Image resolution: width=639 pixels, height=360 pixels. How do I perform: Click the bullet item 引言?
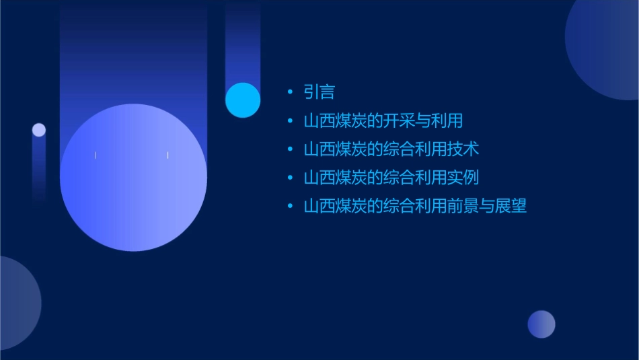pos(319,92)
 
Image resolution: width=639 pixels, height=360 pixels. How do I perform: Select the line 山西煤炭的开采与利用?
pos(383,121)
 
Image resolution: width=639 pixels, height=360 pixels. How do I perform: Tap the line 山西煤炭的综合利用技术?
pos(391,149)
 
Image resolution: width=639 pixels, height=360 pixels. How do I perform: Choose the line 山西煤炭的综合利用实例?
pos(391,178)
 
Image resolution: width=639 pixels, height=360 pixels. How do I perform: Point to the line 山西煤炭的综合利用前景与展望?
pos(414,206)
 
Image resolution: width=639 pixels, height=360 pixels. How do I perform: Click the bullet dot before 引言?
pos(290,92)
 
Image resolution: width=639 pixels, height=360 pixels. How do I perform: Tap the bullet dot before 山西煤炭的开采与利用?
pos(290,121)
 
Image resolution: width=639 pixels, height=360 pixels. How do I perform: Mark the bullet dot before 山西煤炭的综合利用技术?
pos(290,149)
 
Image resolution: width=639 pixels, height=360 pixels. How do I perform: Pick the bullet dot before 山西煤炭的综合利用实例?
pos(290,178)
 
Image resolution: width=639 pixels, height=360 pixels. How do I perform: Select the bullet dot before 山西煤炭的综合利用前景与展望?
pos(290,206)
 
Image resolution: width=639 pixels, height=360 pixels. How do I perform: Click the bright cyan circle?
pos(243,100)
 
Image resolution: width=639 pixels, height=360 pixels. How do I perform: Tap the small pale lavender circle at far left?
pos(39,130)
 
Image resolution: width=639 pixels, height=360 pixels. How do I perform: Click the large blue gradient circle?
pos(133,178)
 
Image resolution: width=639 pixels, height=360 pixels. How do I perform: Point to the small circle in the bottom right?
pos(541,324)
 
